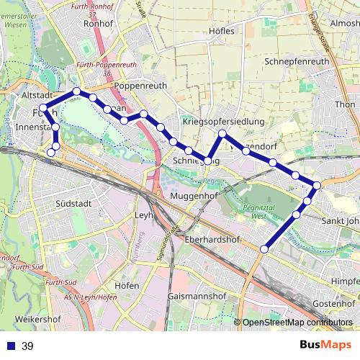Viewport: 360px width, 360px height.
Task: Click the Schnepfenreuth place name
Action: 297,62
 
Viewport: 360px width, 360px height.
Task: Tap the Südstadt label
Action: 72,204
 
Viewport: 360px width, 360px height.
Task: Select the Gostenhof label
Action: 336,304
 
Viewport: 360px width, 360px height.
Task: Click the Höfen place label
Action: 126,285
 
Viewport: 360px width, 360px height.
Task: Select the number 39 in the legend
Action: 27,346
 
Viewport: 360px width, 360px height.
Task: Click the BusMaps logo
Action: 325,346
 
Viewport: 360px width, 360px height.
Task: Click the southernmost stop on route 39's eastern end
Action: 264,249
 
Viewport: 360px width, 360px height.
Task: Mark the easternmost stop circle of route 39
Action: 317,186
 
